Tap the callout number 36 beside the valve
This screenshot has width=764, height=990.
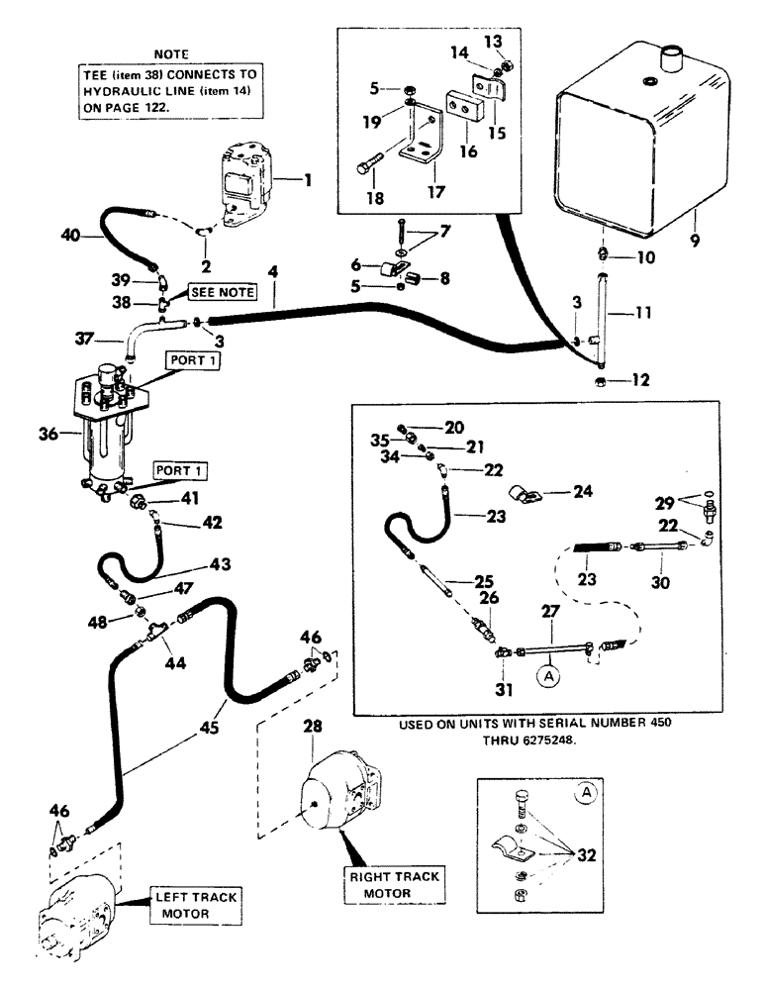click(46, 432)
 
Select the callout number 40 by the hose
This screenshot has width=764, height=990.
click(68, 236)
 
